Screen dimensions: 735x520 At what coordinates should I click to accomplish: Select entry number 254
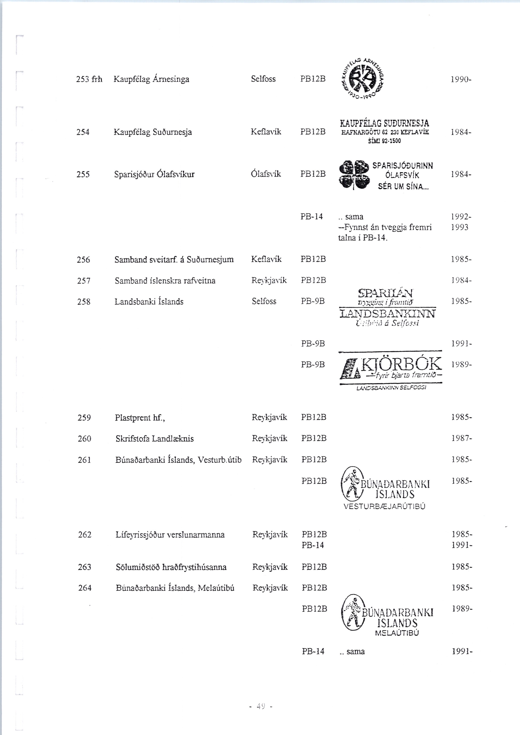83,132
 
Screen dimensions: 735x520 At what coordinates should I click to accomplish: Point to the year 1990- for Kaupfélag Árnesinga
461,79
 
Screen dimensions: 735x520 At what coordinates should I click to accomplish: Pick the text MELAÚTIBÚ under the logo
397,633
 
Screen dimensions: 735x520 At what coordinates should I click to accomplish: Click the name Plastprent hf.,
140,417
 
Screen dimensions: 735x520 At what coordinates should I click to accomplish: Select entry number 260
84,439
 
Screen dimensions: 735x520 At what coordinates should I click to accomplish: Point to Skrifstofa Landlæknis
155,439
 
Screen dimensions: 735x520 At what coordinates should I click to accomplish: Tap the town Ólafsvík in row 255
266,174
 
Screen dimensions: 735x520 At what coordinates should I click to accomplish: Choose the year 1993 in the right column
459,227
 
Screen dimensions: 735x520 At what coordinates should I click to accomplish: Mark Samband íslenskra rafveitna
165,281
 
